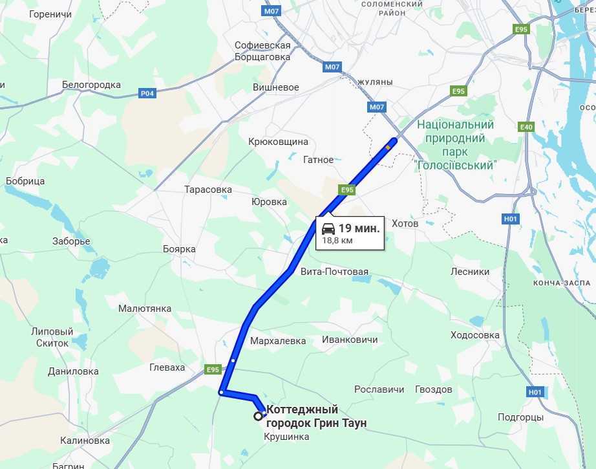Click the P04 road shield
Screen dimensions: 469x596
147,93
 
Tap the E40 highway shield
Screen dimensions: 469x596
527,127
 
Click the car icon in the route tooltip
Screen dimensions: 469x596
328,228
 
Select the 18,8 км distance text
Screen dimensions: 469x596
337,241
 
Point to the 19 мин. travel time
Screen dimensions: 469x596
359,228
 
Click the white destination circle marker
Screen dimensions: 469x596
258,417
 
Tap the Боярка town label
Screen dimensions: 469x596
179,249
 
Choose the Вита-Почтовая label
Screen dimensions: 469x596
334,272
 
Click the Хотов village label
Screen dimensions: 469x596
405,223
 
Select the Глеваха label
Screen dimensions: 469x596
167,367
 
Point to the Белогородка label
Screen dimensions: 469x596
91,85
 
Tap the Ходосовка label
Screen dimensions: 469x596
475,335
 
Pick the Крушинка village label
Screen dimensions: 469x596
286,437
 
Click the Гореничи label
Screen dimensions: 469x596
50,14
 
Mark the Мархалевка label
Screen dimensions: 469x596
278,341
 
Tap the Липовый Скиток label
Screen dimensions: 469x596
52,337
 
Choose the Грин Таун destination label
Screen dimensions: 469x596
317,417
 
